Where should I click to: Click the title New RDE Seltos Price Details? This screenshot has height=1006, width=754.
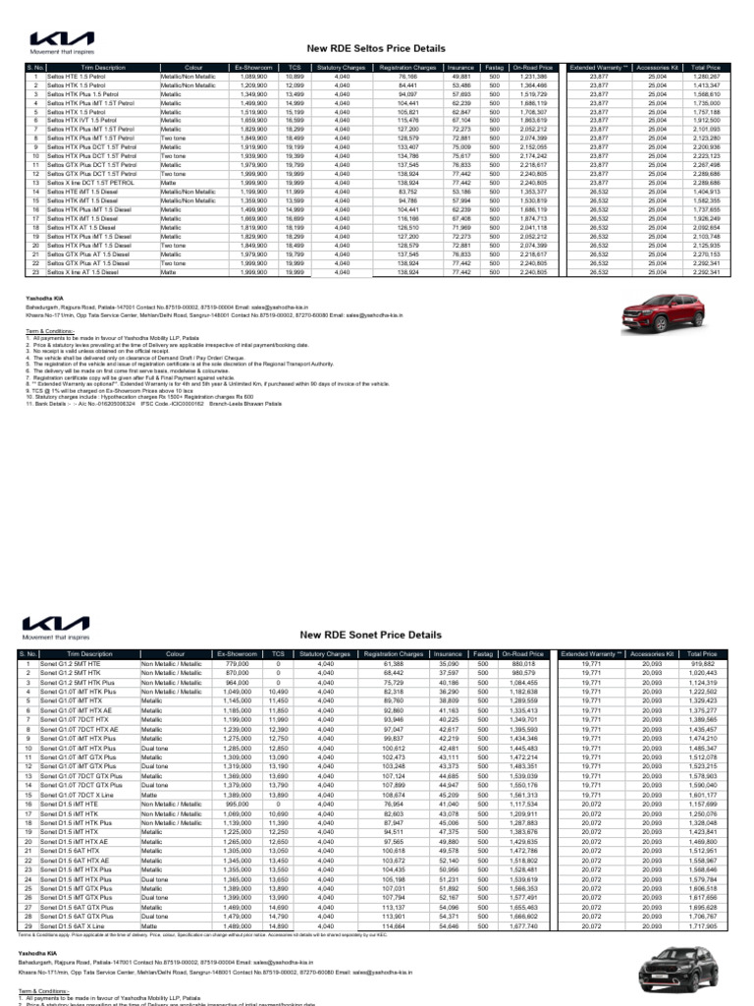pos(399,47)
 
